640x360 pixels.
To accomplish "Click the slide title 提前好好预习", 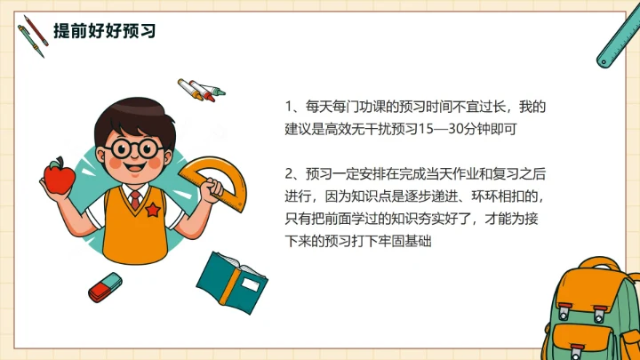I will (x=104, y=32).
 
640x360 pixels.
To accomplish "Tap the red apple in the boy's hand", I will (x=60, y=176).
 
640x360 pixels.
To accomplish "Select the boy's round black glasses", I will (x=136, y=147).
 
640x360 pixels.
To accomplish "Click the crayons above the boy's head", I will (x=201, y=89).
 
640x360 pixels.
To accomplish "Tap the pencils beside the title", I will (x=32, y=35).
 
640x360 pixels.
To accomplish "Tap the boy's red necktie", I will (x=134, y=198).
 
